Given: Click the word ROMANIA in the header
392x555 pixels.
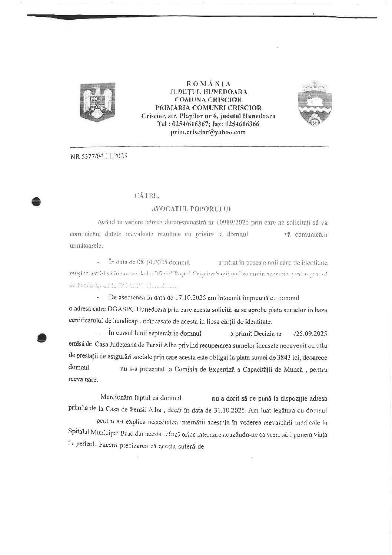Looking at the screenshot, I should click(x=208, y=84).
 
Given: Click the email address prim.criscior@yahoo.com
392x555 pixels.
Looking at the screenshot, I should click(x=208, y=132).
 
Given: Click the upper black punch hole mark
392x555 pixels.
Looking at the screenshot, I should click(x=36, y=201).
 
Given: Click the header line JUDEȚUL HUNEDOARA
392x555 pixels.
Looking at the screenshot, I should click(x=208, y=92).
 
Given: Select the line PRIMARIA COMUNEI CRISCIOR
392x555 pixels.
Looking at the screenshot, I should click(x=208, y=108).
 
